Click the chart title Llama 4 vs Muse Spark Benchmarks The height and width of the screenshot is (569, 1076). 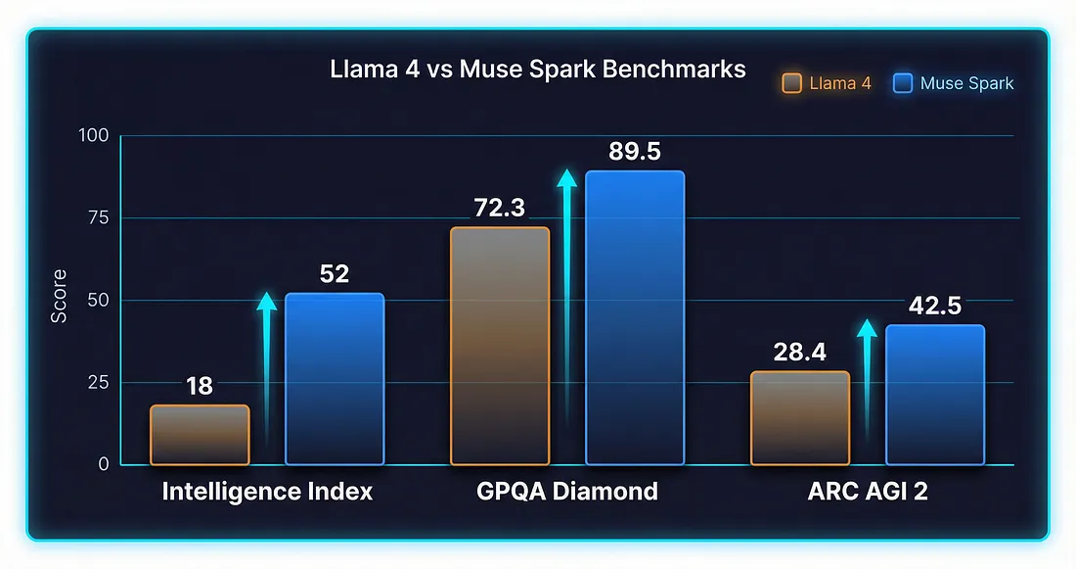pyautogui.click(x=535, y=70)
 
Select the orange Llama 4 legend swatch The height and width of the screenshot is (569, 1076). pyautogui.click(x=793, y=83)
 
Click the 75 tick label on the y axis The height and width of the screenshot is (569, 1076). pyautogui.click(x=98, y=218)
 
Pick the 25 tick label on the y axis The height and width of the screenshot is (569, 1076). pyautogui.click(x=98, y=382)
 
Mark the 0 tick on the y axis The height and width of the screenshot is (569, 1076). pyautogui.click(x=103, y=464)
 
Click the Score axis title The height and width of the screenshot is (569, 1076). pyautogui.click(x=60, y=296)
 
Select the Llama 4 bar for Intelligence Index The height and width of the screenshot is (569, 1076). pyautogui.click(x=200, y=435)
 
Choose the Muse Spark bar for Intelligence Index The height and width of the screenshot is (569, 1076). pyautogui.click(x=334, y=379)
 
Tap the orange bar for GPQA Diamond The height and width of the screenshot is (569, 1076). pyautogui.click(x=500, y=346)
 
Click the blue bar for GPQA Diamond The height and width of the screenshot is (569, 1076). pyautogui.click(x=634, y=317)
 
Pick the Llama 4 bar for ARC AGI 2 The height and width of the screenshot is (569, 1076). pyautogui.click(x=799, y=418)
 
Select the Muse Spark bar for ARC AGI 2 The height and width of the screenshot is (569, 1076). pyautogui.click(x=934, y=395)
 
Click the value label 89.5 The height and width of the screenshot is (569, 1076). pyautogui.click(x=634, y=152)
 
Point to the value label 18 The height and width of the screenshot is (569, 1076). pyautogui.click(x=200, y=387)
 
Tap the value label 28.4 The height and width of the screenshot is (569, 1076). pyautogui.click(x=800, y=353)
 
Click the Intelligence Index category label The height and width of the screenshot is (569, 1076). pyautogui.click(x=267, y=492)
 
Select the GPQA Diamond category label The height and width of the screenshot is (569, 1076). pyautogui.click(x=567, y=492)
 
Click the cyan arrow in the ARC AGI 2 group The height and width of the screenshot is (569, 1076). pyautogui.click(x=867, y=377)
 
